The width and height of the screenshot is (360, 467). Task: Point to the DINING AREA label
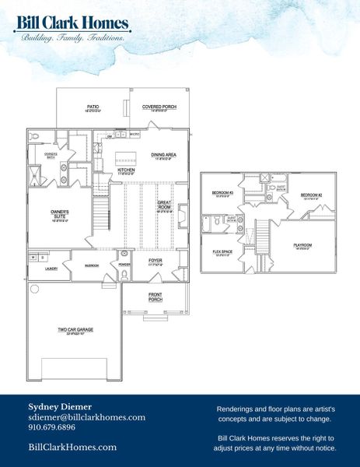coord(163,156)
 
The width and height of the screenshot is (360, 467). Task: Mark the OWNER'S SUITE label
coord(61,213)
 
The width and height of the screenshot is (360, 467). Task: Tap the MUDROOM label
coord(91,265)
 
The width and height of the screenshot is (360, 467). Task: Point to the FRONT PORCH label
coord(156,297)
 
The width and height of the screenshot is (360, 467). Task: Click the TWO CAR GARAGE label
coord(75,330)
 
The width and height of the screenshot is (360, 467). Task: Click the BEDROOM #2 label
coord(311,195)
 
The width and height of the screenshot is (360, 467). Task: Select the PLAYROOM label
coord(302,246)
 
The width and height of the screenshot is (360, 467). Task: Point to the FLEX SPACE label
coord(222,252)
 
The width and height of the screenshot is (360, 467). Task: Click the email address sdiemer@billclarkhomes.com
coord(86,417)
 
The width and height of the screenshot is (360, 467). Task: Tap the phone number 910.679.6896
coord(51,427)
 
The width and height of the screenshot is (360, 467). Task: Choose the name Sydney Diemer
coord(60,406)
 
